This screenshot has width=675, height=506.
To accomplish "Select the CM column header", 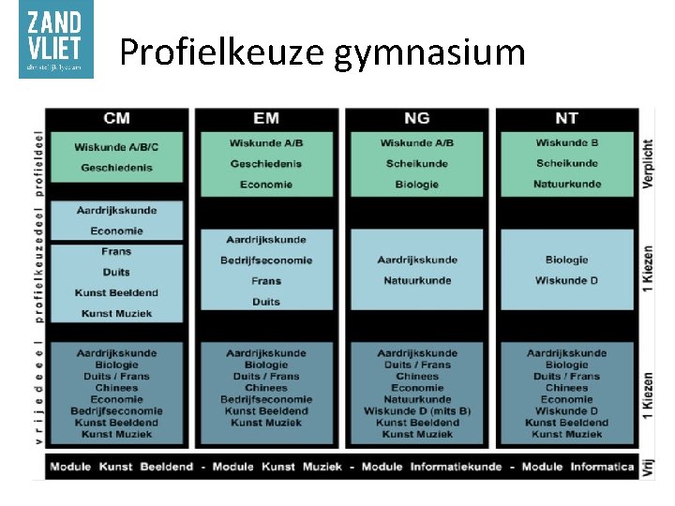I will click(x=117, y=118).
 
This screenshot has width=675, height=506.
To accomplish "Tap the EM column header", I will click(x=266, y=118).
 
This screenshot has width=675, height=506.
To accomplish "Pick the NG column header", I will click(x=417, y=118).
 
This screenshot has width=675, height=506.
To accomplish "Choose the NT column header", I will click(x=566, y=118).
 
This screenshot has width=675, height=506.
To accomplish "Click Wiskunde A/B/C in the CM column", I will click(x=117, y=147).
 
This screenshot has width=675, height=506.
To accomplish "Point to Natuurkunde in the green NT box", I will click(x=566, y=184).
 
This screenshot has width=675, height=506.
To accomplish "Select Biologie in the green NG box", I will click(x=417, y=184).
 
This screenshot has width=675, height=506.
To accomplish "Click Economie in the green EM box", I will click(x=266, y=184).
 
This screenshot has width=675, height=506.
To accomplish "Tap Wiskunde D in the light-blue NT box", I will click(x=566, y=280).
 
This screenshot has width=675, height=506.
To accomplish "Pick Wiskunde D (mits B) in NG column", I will click(x=417, y=410).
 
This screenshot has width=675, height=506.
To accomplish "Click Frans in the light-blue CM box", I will click(x=117, y=251).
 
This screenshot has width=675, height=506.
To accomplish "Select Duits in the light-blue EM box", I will click(x=266, y=302).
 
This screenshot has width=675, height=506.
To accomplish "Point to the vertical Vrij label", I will click(x=648, y=468).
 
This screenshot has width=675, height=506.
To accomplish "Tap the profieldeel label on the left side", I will click(x=39, y=163).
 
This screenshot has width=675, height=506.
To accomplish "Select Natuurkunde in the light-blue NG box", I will click(x=417, y=280).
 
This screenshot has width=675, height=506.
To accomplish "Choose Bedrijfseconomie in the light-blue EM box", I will click(x=266, y=260).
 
